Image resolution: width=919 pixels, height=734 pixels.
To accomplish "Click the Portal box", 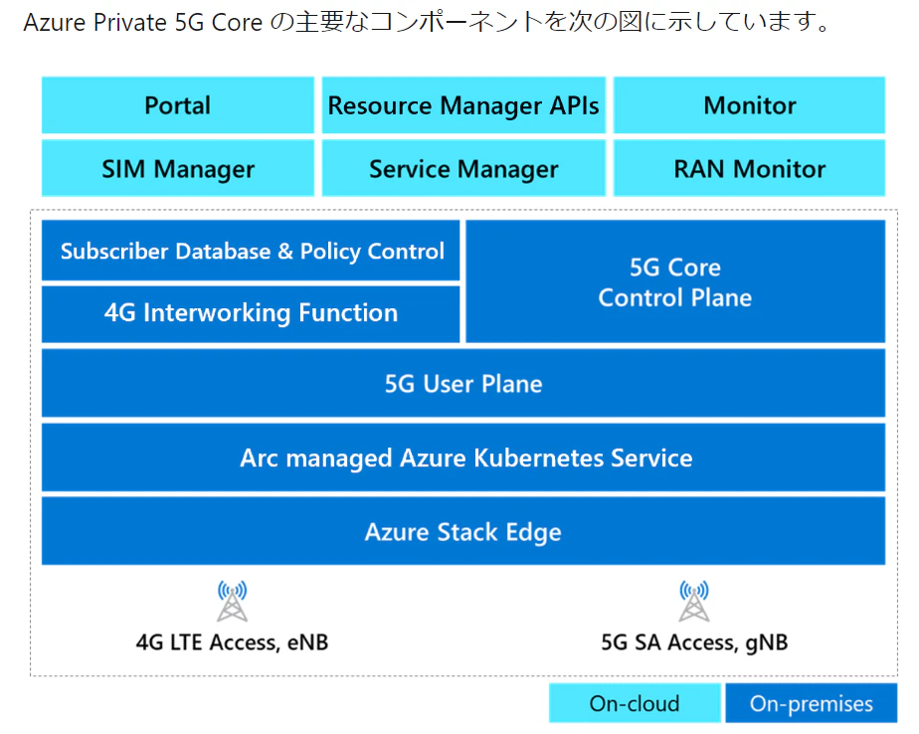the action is tap(178, 105).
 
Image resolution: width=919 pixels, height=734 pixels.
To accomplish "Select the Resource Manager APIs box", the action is tap(463, 105).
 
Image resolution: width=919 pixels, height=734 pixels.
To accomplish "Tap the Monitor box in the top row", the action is tap(749, 105).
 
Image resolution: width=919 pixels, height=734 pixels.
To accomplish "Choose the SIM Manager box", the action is tap(178, 168).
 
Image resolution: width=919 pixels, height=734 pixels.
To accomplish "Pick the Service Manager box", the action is tap(463, 168).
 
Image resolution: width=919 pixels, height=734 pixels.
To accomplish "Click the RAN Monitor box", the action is tap(749, 168).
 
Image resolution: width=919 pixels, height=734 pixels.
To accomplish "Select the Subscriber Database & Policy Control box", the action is tap(251, 251).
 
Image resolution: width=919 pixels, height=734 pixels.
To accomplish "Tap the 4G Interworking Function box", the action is tap(251, 313).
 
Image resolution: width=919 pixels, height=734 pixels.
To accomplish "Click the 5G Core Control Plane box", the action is tap(675, 281).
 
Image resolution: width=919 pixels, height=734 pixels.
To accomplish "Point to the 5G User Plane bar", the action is tap(463, 384).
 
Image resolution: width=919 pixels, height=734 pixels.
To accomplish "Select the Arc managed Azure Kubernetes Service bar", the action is tap(463, 458).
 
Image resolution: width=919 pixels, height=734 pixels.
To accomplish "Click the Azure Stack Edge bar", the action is tap(463, 532).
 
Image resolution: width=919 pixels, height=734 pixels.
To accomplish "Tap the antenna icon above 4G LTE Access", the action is tap(232, 601).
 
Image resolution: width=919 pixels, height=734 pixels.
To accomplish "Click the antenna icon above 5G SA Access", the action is tap(694, 601).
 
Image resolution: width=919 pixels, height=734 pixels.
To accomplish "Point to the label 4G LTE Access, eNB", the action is tap(232, 642).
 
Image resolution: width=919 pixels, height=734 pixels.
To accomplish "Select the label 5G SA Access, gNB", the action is tap(694, 642).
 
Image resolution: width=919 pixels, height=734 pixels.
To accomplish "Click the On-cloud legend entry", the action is tap(635, 703).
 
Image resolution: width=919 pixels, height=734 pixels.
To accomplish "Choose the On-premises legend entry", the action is tap(812, 703).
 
